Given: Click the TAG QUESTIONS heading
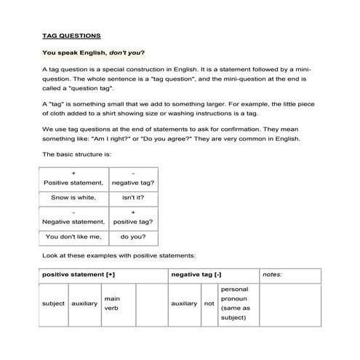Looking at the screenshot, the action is point(72,35).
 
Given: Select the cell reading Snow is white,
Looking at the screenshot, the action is point(73,197).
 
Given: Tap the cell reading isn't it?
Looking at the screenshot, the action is point(136,197).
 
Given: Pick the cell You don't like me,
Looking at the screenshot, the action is point(73,236).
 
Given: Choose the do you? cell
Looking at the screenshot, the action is point(136,236).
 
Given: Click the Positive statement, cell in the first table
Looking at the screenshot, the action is point(73,182).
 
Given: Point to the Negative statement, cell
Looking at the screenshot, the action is point(73,221).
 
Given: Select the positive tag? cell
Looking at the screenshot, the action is point(136,221).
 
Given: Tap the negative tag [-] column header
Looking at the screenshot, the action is point(196,274).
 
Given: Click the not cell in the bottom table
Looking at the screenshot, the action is point(209,303).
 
